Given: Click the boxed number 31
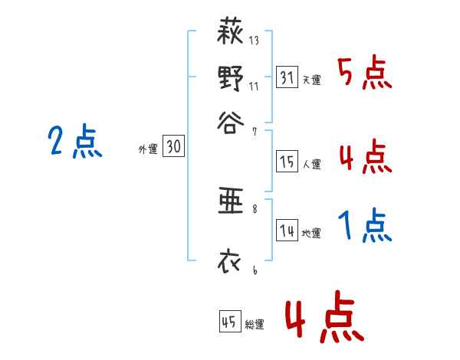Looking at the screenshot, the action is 287,77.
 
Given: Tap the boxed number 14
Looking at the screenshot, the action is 287,231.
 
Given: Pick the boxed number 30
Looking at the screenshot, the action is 174,148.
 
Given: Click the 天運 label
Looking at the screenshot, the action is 311,80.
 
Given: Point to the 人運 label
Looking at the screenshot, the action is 311,163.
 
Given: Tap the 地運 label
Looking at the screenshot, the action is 311,233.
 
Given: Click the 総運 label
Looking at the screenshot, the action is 255,323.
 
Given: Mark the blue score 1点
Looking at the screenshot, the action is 365,226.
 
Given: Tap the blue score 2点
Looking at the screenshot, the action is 74,142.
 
